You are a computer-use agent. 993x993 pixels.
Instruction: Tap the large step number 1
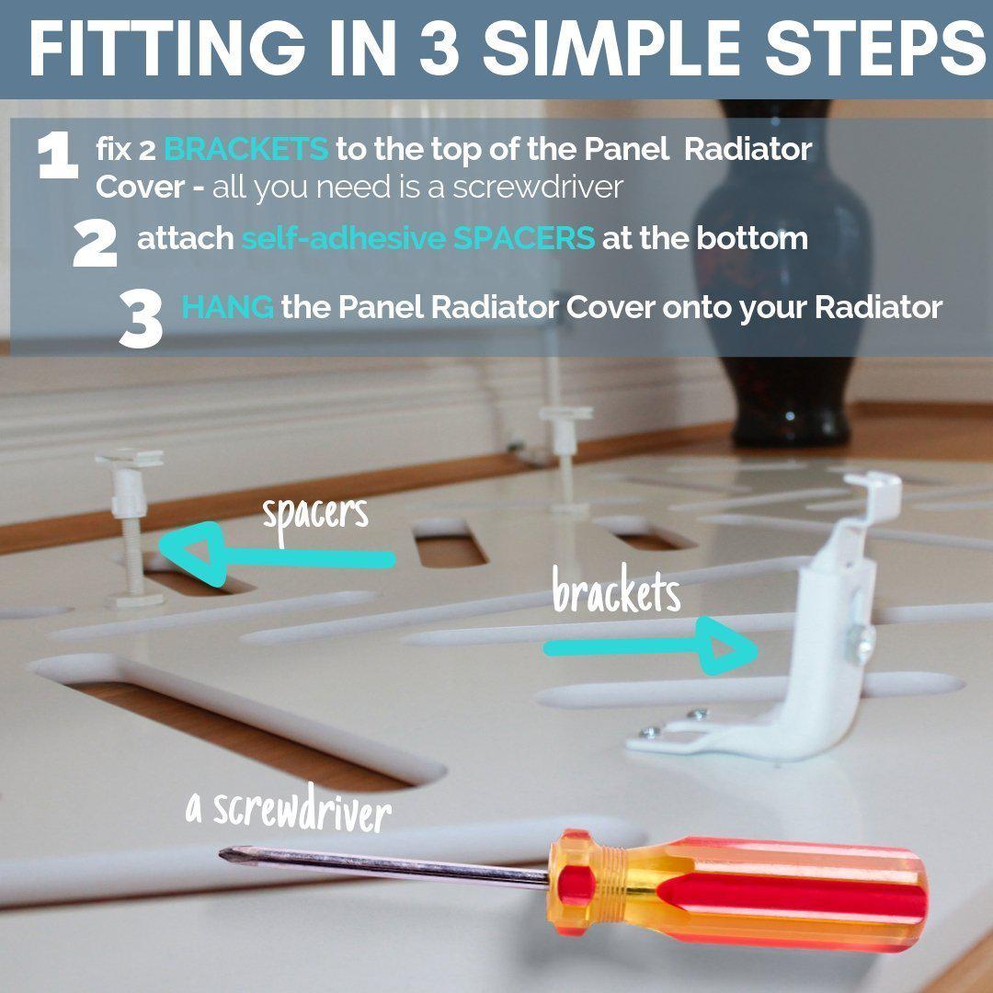pos(58,157)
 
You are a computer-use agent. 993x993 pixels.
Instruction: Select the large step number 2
pos(95,243)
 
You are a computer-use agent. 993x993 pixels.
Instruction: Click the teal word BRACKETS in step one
pos(246,150)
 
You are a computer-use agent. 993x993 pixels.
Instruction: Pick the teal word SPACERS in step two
pos(524,238)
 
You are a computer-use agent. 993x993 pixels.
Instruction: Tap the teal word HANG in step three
pos(228,308)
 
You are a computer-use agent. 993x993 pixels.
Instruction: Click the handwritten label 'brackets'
pos(616,591)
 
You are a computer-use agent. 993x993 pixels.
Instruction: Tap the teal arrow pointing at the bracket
pos(651,646)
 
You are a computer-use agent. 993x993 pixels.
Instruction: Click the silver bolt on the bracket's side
pos(863,643)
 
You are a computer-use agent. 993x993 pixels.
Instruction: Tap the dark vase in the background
pos(785,272)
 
